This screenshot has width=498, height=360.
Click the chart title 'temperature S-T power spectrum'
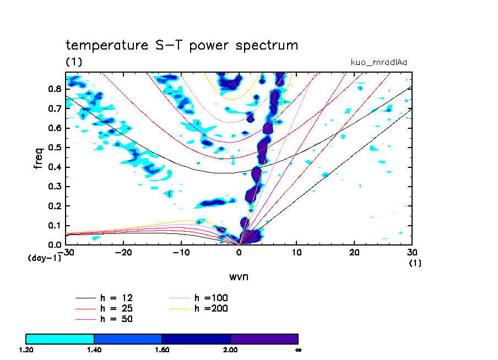pyautogui.click(x=182, y=45)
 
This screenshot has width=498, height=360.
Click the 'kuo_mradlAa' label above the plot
pyautogui.click(x=379, y=62)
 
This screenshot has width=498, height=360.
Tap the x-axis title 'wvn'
pyautogui.click(x=239, y=276)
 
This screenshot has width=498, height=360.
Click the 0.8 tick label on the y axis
pyautogui.click(x=54, y=89)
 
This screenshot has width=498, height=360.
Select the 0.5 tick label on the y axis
pyautogui.click(x=54, y=148)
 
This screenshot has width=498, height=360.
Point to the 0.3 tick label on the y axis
pyautogui.click(x=54, y=187)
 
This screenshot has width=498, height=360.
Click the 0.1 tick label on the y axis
pyautogui.click(x=54, y=226)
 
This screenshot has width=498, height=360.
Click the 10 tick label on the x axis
pyautogui.click(x=297, y=252)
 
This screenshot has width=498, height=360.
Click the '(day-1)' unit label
pyautogui.click(x=44, y=258)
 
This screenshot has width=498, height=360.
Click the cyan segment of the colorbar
pyautogui.click(x=60, y=339)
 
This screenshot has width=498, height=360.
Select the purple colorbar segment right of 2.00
pyautogui.click(x=264, y=339)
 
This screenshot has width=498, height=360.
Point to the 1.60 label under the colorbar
pyautogui.click(x=162, y=350)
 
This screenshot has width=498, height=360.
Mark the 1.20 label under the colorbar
pyautogui.click(x=26, y=350)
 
